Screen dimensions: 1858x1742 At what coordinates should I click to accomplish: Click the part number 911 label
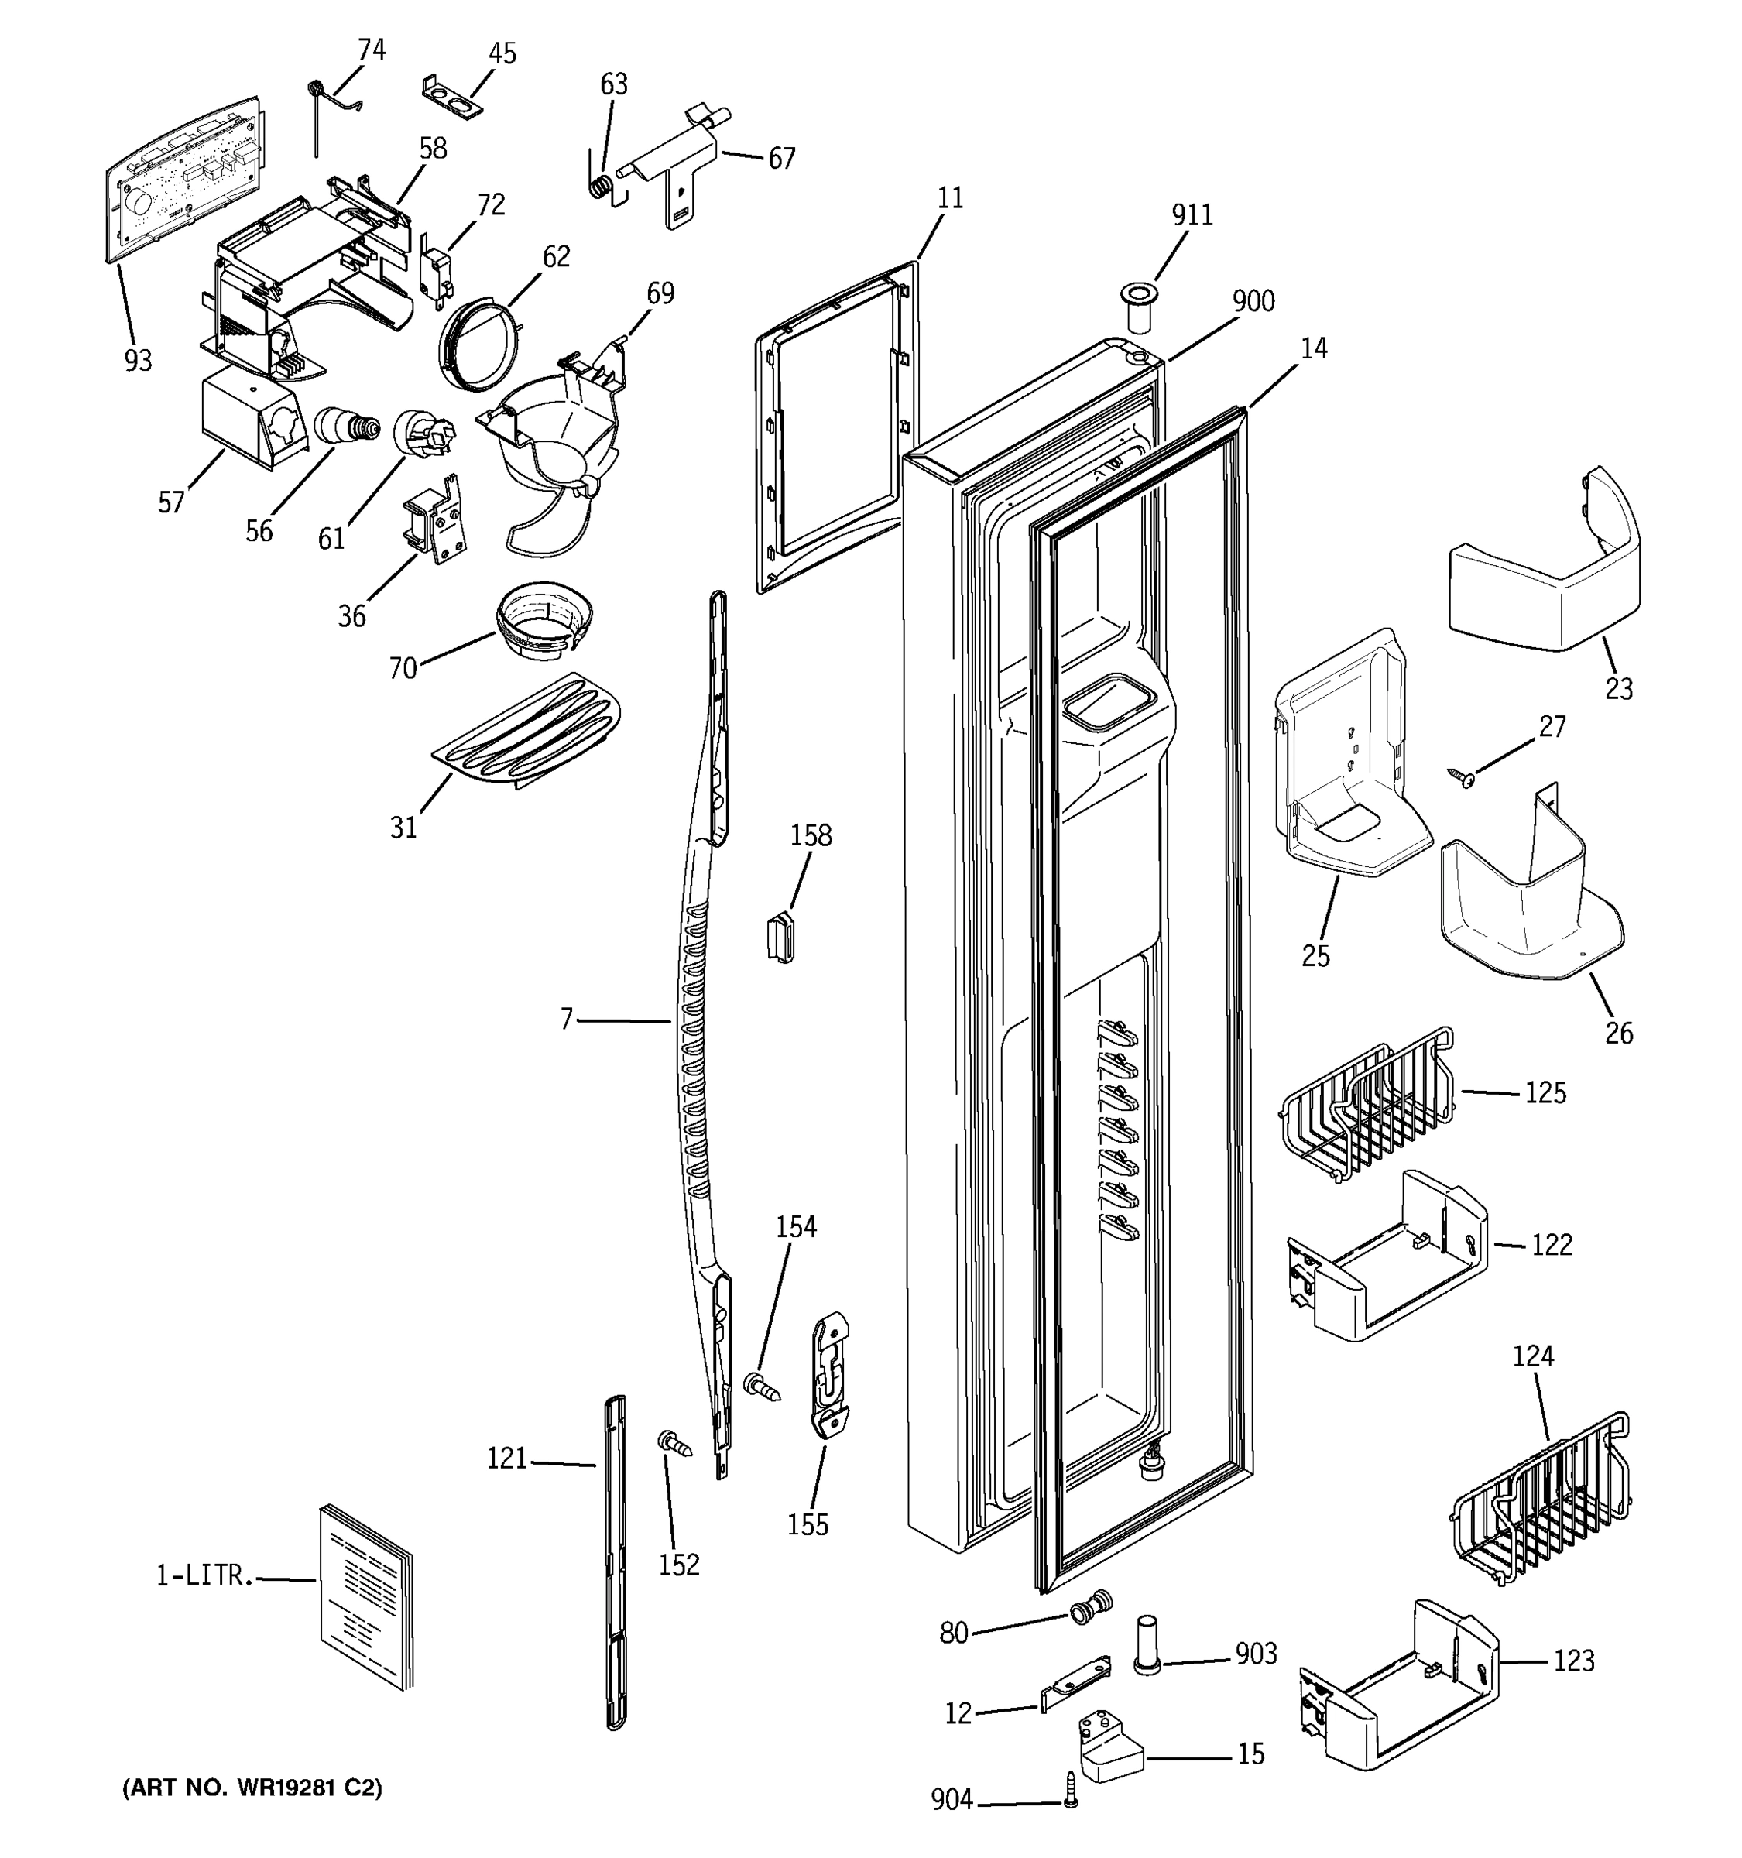(1192, 215)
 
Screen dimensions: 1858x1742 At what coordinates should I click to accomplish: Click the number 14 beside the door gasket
(1313, 348)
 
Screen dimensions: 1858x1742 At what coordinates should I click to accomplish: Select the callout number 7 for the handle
(566, 1020)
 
